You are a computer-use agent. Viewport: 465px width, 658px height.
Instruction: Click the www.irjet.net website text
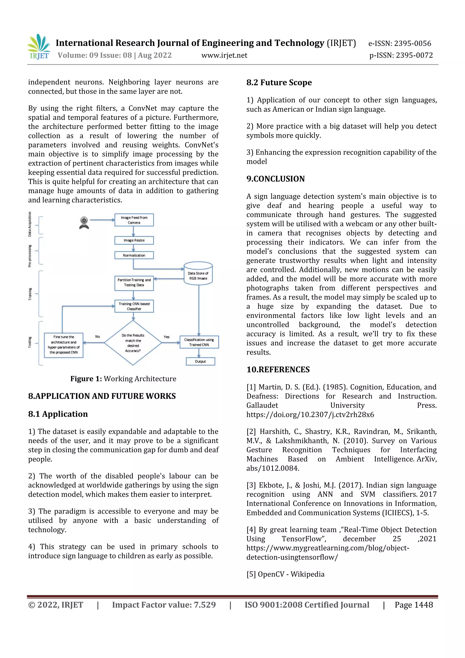tap(224, 55)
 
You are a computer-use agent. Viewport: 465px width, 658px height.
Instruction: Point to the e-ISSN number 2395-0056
tap(399, 44)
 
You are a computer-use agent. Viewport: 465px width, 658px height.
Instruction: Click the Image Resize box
tap(134, 240)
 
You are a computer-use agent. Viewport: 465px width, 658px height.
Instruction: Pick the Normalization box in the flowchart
tap(134, 255)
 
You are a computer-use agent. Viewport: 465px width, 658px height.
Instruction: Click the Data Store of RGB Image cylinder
tap(198, 274)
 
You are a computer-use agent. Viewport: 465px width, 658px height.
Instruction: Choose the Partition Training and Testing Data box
tap(134, 283)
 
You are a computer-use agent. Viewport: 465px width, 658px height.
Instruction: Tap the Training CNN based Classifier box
tap(134, 306)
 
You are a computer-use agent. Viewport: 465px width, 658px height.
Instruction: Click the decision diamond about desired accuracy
tap(133, 343)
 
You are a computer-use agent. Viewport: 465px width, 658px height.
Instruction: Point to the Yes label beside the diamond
tap(166, 337)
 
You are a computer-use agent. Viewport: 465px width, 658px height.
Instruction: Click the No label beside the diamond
tap(98, 336)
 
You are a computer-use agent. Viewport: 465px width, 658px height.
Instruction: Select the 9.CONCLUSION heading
tap(275, 179)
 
